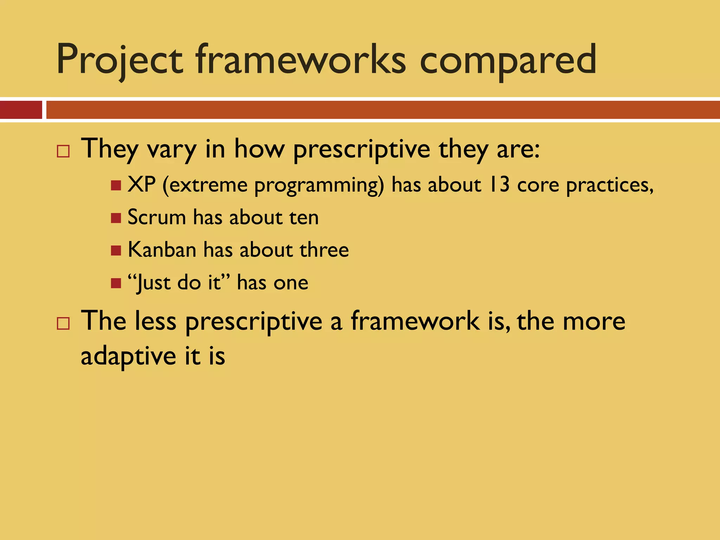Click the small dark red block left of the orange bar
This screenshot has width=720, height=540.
point(21,110)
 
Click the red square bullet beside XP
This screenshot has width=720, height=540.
point(116,185)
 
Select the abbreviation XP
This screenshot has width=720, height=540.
point(141,185)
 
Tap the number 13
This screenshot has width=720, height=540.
point(500,185)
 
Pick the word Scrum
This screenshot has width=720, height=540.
point(156,217)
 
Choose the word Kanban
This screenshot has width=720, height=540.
point(162,250)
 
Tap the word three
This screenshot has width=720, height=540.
point(324,250)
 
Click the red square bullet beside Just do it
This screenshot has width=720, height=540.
point(116,283)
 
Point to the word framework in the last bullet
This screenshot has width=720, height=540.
point(415,321)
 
